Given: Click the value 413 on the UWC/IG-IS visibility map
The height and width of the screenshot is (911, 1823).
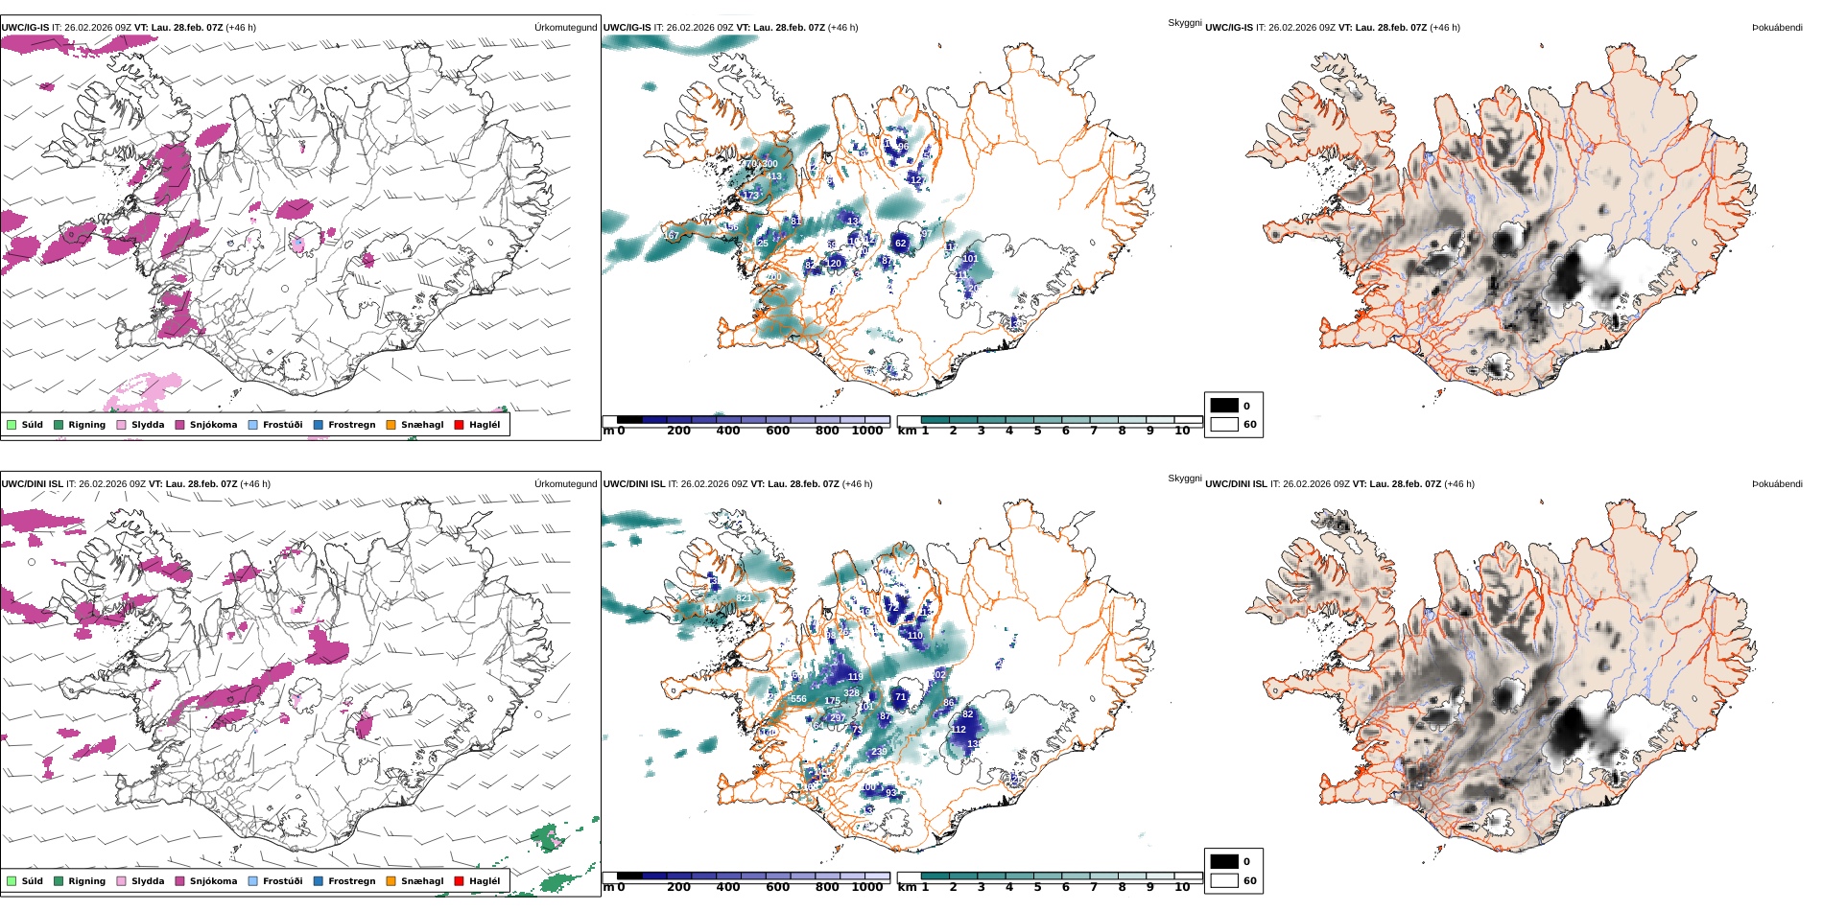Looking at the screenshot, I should [x=773, y=176].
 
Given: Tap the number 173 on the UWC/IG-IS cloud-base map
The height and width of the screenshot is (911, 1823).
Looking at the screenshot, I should [x=750, y=196].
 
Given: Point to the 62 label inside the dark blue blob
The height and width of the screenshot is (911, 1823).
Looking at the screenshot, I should [x=900, y=244].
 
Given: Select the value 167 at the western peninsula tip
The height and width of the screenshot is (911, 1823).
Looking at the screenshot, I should [x=671, y=235].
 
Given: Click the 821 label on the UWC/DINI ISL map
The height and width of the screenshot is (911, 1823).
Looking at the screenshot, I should [x=744, y=598].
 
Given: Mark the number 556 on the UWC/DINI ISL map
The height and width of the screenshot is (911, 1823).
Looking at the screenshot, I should [x=798, y=699].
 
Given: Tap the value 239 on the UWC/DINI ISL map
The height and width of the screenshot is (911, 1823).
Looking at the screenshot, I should [x=878, y=752].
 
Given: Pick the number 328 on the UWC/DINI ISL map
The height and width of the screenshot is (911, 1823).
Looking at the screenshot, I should [x=851, y=692].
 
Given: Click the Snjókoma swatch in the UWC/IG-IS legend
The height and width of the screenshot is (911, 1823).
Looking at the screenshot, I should [x=179, y=425].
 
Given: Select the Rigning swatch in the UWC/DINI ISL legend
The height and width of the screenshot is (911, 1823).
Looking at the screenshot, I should [x=59, y=881].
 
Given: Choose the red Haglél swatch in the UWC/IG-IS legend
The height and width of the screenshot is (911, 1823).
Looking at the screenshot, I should [x=459, y=425].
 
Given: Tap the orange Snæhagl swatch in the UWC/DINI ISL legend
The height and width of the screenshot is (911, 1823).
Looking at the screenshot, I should [x=391, y=881].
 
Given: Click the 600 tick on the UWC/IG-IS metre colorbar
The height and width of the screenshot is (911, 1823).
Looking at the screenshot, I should [x=777, y=431].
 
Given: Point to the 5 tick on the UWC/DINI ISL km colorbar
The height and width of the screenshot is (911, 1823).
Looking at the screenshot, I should [x=1037, y=887].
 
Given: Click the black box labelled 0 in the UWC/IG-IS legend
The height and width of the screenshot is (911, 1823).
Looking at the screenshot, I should [x=1224, y=406].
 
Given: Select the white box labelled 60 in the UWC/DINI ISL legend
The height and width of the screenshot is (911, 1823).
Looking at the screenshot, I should [x=1224, y=880].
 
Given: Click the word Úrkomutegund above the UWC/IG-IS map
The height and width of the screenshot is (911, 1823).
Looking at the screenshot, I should [x=565, y=27].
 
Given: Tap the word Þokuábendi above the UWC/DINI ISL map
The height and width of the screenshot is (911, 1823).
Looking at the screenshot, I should [x=1777, y=483].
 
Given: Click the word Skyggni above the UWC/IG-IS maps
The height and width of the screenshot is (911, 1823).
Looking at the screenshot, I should [x=1184, y=22].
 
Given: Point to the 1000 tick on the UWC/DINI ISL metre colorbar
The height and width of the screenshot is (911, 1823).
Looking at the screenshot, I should [x=866, y=887].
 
